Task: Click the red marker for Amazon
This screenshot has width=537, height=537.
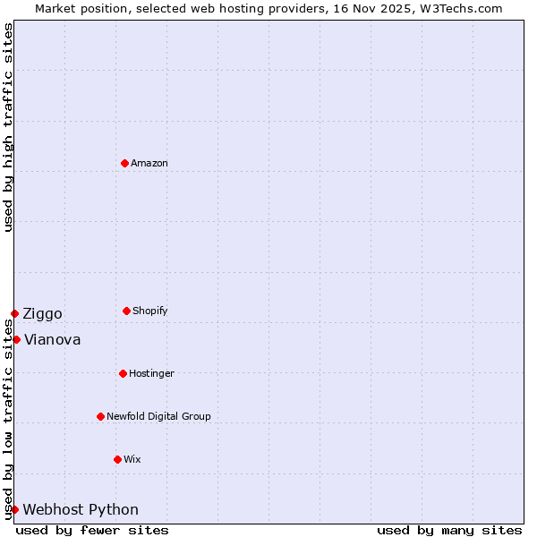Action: [x=124, y=163]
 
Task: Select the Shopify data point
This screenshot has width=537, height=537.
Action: [x=126, y=311]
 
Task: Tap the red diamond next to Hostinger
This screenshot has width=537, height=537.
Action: [x=123, y=373]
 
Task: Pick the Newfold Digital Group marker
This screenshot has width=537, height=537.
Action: [x=100, y=416]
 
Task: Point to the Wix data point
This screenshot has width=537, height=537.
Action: [x=117, y=459]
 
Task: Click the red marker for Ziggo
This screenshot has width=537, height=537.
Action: [x=14, y=313]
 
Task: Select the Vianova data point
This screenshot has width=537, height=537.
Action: [x=16, y=339]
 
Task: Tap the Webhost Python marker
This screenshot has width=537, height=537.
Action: [x=14, y=509]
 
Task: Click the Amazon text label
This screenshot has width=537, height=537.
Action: [x=149, y=163]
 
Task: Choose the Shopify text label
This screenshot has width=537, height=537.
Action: [x=150, y=311]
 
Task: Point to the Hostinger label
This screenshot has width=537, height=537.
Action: [x=151, y=373]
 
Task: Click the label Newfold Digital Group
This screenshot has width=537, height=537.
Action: [x=158, y=416]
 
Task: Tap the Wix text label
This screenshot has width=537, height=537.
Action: [x=132, y=459]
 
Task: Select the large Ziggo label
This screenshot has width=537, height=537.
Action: [x=43, y=313]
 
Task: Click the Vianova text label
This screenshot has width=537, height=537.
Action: [x=52, y=339]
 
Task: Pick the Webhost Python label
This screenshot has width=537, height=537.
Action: [x=81, y=509]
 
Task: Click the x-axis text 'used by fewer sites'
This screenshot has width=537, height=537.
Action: [x=92, y=530]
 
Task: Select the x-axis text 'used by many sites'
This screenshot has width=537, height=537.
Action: [x=449, y=530]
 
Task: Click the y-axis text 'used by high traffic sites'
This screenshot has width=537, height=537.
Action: [x=8, y=127]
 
